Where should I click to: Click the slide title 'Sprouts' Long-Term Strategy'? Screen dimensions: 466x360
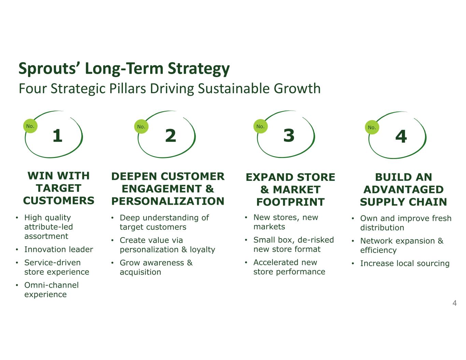(124, 69)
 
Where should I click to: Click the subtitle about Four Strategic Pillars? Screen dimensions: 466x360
(170, 88)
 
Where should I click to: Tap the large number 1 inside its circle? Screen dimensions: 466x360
(57, 135)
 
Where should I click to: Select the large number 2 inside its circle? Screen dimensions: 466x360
(170, 135)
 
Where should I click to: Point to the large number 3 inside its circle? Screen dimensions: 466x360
(289, 135)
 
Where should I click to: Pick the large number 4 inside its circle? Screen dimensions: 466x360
(401, 136)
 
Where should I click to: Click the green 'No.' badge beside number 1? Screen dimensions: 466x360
(30, 126)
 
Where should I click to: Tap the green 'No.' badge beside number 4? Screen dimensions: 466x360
(372, 127)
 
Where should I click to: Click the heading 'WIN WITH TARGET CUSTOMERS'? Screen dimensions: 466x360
(58, 188)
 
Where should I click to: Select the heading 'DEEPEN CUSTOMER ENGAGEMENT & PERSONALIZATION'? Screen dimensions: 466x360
(168, 189)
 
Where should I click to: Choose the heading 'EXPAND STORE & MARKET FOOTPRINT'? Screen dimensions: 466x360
(291, 190)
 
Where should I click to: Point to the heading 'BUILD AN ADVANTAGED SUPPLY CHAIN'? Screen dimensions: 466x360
(404, 190)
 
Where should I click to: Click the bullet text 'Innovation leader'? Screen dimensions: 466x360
(58, 249)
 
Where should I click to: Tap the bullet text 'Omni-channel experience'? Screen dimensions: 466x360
(52, 290)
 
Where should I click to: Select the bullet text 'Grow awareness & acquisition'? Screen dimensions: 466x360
(156, 268)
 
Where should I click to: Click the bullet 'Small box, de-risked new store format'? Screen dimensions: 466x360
(294, 245)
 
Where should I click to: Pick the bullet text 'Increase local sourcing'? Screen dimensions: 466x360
(405, 263)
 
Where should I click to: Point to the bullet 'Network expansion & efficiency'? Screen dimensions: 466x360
(402, 246)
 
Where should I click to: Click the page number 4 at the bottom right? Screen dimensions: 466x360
(454, 303)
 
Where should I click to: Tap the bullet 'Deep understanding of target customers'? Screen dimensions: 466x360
(164, 222)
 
